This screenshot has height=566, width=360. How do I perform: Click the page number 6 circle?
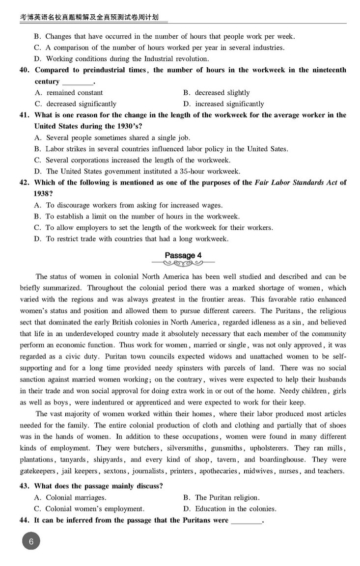tap(31, 542)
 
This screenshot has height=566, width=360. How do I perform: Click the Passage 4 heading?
tap(183, 255)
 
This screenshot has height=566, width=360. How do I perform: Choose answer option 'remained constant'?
tap(74, 93)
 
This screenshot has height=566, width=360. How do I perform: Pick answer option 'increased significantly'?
tap(229, 104)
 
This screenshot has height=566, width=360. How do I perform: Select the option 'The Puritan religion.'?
tap(227, 498)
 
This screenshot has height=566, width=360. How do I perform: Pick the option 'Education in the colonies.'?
tap(235, 509)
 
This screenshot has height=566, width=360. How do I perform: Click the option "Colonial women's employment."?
tap(95, 509)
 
